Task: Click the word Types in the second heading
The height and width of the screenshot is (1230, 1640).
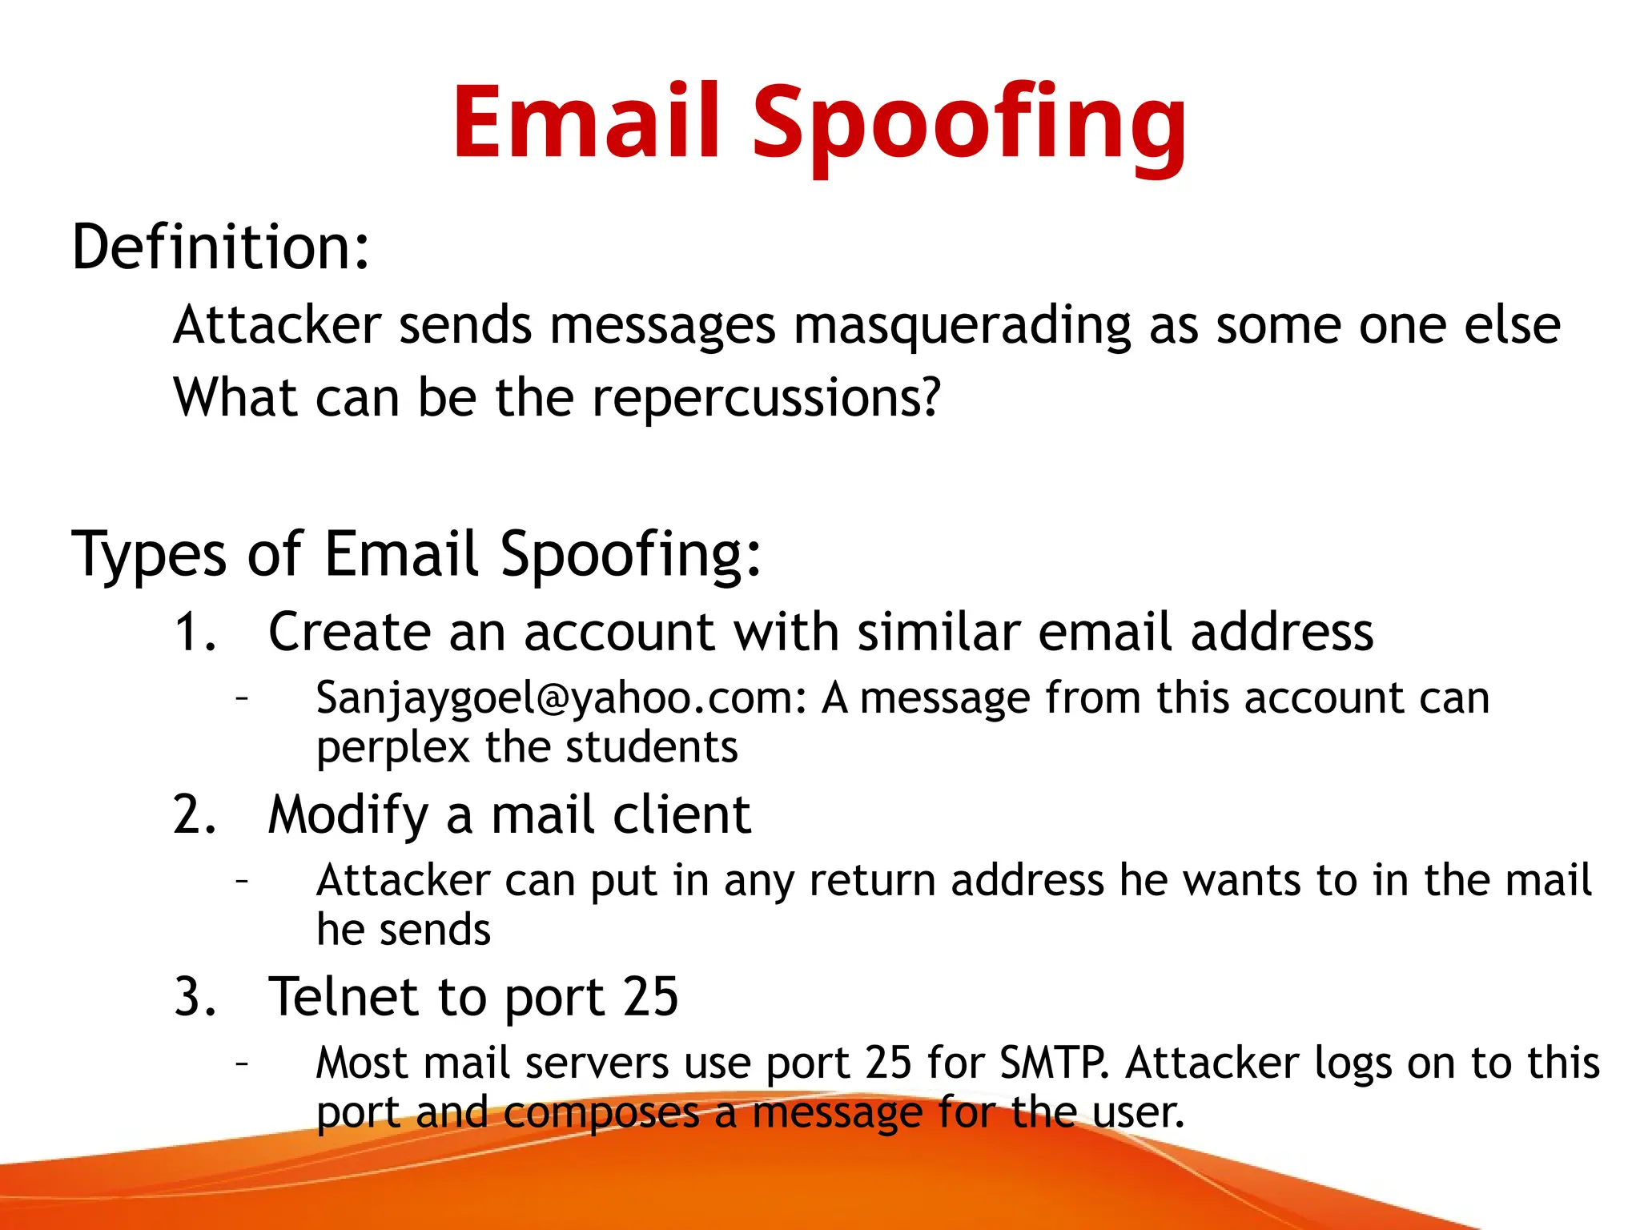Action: point(149,554)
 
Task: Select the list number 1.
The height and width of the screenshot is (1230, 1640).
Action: point(194,633)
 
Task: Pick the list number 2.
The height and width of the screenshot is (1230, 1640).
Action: point(194,815)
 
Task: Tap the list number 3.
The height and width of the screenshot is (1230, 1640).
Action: point(194,998)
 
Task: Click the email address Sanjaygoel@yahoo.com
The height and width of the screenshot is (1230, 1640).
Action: point(561,698)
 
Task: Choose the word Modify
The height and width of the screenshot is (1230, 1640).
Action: point(348,816)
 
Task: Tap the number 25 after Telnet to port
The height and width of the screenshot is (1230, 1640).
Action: point(651,998)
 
